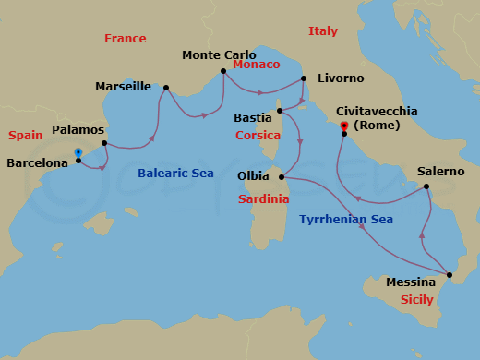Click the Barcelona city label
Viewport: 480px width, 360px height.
pyautogui.click(x=37, y=162)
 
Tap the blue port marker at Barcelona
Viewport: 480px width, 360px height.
pyautogui.click(x=78, y=152)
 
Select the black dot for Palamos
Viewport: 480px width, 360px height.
pyautogui.click(x=104, y=143)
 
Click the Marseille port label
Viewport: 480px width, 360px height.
pyautogui.click(x=124, y=87)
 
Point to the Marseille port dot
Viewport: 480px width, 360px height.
pyautogui.click(x=165, y=89)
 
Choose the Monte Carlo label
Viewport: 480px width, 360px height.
pyautogui.click(x=219, y=55)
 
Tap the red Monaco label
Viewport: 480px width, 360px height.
pyautogui.click(x=256, y=66)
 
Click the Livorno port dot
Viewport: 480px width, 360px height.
pyautogui.click(x=304, y=78)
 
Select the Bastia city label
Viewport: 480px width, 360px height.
pyautogui.click(x=252, y=118)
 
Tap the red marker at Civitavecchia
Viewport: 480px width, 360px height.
pyautogui.click(x=343, y=126)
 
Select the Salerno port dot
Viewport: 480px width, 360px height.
pyautogui.click(x=427, y=187)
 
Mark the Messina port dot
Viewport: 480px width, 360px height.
pyautogui.click(x=450, y=275)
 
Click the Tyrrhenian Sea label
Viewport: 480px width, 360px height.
pyautogui.click(x=346, y=220)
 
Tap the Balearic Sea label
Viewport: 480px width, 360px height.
pyautogui.click(x=175, y=173)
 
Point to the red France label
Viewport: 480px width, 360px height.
pyautogui.click(x=126, y=39)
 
